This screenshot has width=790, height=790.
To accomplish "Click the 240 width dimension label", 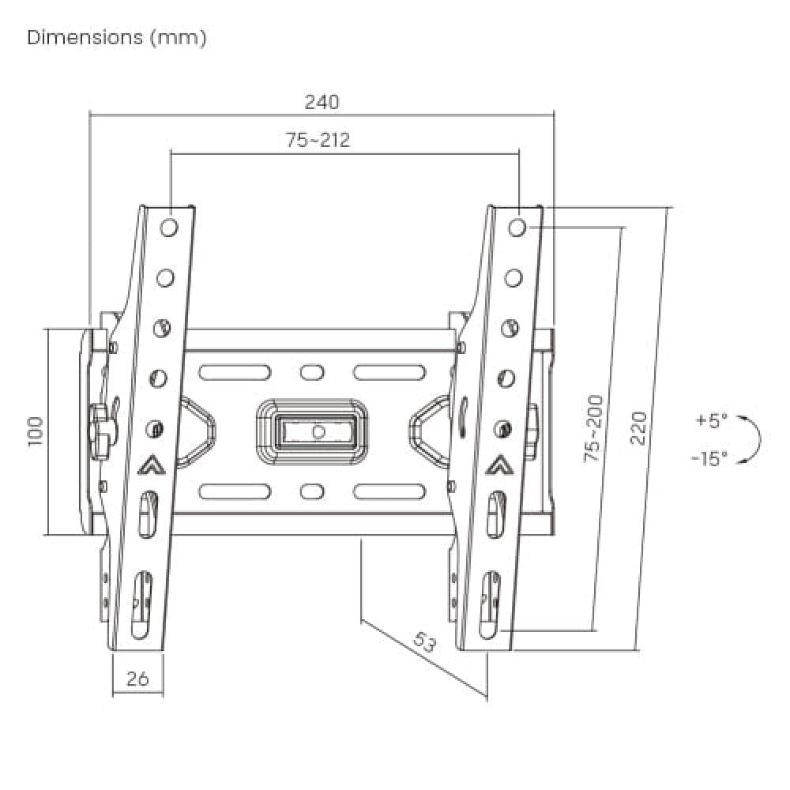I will [x=322, y=102].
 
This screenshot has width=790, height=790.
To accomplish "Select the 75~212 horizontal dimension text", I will [x=318, y=141].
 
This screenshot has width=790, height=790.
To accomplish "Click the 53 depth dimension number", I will [x=424, y=642].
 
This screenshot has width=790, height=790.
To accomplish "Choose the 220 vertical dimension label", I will [x=638, y=428].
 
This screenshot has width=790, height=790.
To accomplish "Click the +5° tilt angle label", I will [x=711, y=421].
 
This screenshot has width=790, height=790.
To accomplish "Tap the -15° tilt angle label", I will [x=708, y=458].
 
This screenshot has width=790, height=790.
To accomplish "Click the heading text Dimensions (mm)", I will [x=117, y=38].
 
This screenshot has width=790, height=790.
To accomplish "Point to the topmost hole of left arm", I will [x=169, y=228].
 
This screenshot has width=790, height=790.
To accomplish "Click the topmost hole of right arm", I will [x=517, y=228].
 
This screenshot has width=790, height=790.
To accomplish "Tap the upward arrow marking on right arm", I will [x=497, y=465].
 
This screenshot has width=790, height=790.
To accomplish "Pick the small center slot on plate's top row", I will [x=312, y=371].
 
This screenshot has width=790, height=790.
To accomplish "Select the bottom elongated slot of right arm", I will [x=489, y=602].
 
